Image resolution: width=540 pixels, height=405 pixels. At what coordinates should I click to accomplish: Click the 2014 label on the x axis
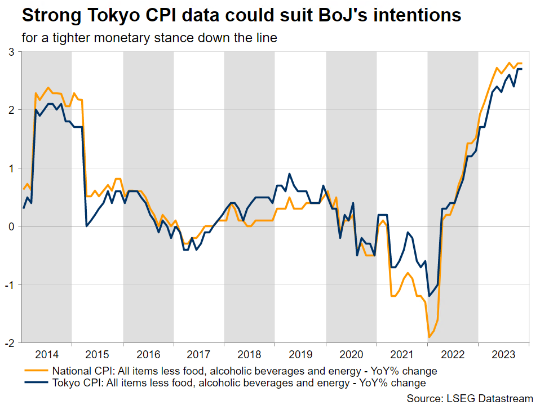(47, 354)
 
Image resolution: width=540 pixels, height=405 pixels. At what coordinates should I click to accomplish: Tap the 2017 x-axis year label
(198, 354)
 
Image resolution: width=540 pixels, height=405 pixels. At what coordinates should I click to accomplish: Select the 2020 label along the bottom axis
(351, 354)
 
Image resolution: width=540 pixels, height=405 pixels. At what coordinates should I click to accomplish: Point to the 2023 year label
(503, 354)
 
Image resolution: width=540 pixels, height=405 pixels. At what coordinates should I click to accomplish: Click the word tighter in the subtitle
(74, 38)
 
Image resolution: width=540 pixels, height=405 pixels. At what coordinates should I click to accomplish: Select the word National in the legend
(71, 371)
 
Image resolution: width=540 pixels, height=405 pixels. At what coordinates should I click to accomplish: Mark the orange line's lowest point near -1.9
(429, 337)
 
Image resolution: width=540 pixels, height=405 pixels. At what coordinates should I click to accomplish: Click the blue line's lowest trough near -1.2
(429, 296)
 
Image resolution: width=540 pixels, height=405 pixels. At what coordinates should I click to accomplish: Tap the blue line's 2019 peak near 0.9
(289, 173)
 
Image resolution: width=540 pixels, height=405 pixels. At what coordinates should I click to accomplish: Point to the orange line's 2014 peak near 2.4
(48, 87)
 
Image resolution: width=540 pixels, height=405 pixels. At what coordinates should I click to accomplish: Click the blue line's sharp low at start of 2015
(86, 226)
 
